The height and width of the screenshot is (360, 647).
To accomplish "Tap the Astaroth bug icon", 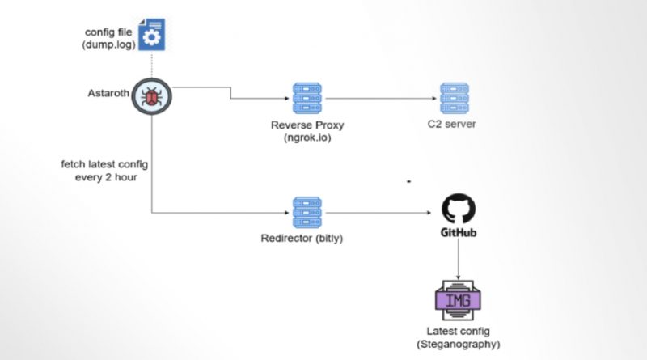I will (151, 97).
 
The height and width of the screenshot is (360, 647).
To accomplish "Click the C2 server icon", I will (453, 97).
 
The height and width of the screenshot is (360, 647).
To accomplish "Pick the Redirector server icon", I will (307, 213).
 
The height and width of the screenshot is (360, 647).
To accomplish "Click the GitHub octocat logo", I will (459, 210).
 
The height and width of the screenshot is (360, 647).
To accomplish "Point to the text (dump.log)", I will (109, 44).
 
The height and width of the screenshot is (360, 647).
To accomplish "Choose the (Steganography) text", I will (459, 344).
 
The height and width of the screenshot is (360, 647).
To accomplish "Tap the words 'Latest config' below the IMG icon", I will (458, 332).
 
